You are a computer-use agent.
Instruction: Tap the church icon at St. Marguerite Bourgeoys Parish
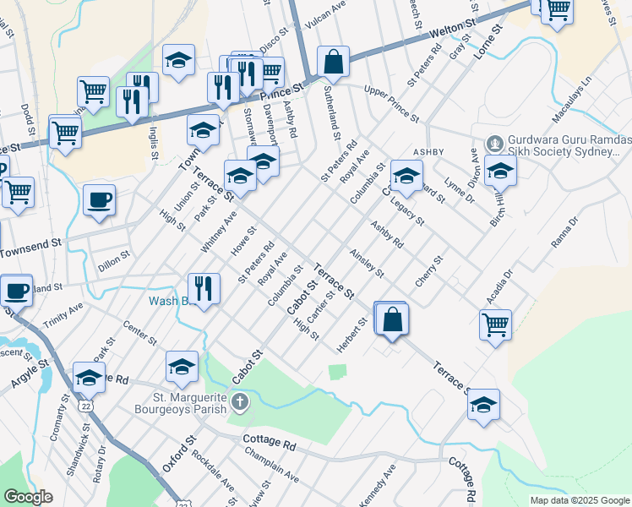tap(241, 401)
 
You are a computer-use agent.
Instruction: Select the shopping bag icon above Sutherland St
tap(334, 63)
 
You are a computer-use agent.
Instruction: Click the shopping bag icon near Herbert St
tap(392, 320)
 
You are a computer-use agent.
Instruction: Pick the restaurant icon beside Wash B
tap(204, 289)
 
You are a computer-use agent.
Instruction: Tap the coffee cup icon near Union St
tap(100, 200)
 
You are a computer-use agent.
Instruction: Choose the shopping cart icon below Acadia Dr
tap(495, 324)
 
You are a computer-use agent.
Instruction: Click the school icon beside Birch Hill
tap(500, 172)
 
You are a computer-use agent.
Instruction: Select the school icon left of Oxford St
tap(182, 368)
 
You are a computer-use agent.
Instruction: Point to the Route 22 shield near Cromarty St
tap(86, 406)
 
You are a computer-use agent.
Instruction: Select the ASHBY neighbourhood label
tap(428, 152)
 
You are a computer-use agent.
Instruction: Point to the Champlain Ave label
tap(270, 466)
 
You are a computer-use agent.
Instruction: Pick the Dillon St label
tap(113, 258)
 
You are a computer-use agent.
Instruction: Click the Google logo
tap(29, 497)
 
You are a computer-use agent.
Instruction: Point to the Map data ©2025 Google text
tap(580, 499)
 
